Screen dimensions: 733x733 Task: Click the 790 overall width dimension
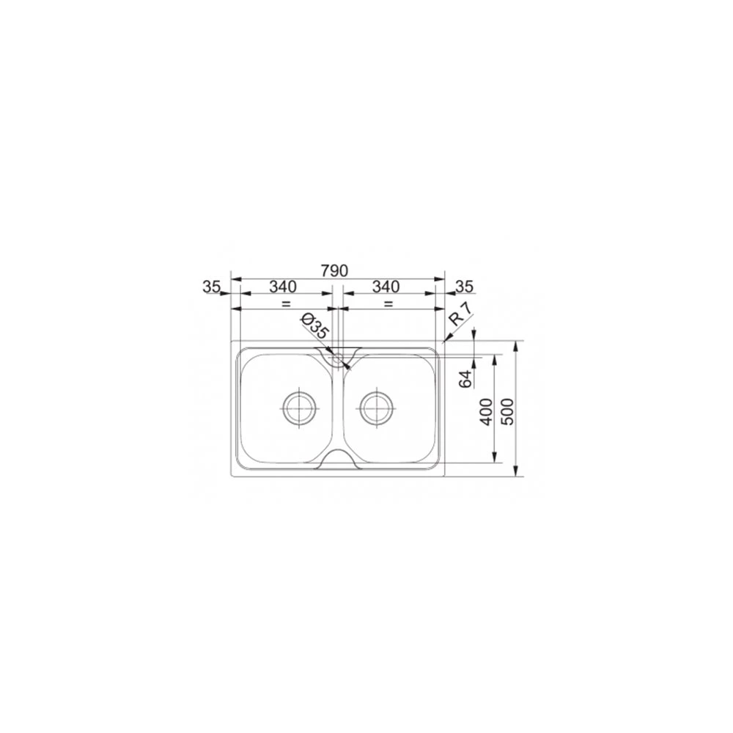pyautogui.click(x=334, y=270)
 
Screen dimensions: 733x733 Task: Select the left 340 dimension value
pyautogui.click(x=283, y=286)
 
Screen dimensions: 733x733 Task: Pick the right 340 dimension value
pyautogui.click(x=386, y=286)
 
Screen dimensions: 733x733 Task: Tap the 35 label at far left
pyautogui.click(x=211, y=286)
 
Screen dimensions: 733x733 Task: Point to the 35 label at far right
pyautogui.click(x=464, y=286)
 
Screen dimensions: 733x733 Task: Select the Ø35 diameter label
pyautogui.click(x=315, y=326)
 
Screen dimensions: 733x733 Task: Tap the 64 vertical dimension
pyautogui.click(x=465, y=379)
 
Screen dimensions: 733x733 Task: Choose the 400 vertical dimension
pyautogui.click(x=487, y=412)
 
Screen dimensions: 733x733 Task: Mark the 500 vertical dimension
pyautogui.click(x=507, y=412)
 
